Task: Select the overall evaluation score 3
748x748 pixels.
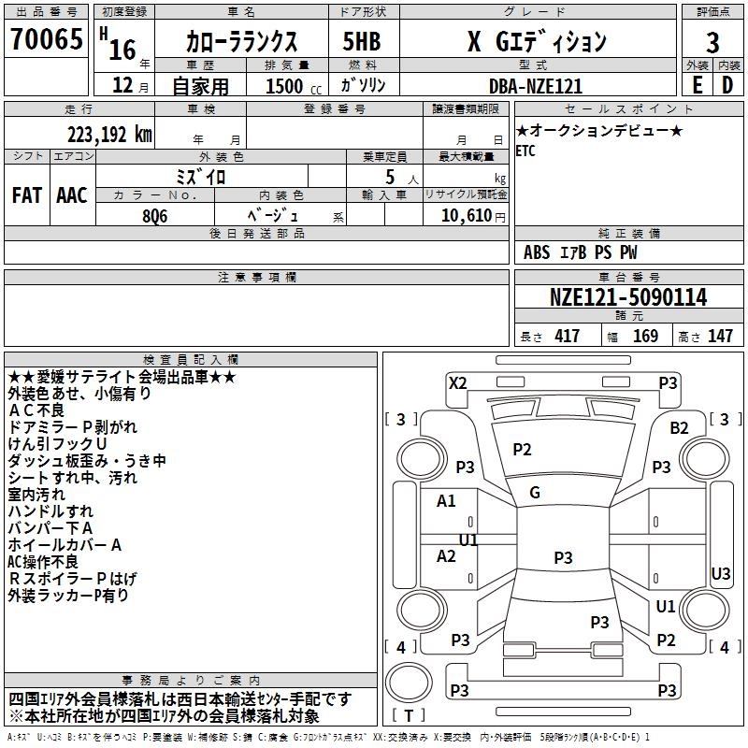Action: pyautogui.click(x=712, y=43)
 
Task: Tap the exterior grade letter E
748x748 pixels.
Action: pyautogui.click(x=697, y=84)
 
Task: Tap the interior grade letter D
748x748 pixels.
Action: pyautogui.click(x=727, y=84)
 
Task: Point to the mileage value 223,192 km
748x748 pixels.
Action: pyautogui.click(x=108, y=134)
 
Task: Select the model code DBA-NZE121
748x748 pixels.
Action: pyautogui.click(x=536, y=86)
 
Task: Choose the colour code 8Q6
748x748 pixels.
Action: pyautogui.click(x=155, y=216)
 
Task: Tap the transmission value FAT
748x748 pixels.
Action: pyautogui.click(x=26, y=195)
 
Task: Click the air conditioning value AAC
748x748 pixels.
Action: pyautogui.click(x=72, y=195)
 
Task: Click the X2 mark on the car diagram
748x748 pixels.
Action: pyautogui.click(x=457, y=382)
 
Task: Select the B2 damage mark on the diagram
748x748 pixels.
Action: pyautogui.click(x=679, y=427)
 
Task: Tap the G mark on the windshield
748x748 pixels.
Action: pyautogui.click(x=534, y=492)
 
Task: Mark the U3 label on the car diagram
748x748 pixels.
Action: pyautogui.click(x=721, y=573)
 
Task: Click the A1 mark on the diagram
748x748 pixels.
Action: pyautogui.click(x=447, y=501)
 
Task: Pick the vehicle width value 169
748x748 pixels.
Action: pyautogui.click(x=646, y=336)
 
